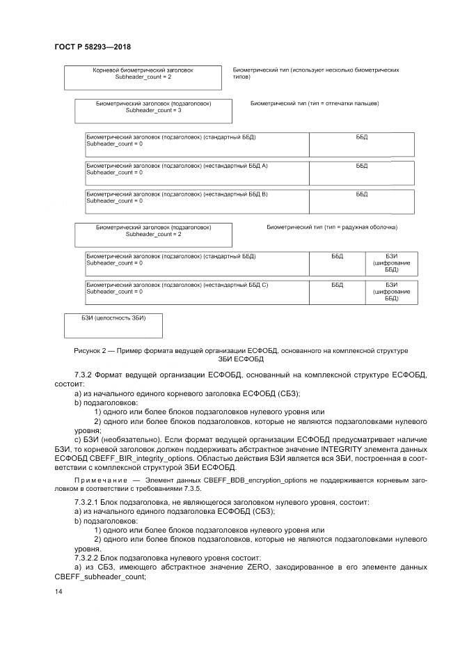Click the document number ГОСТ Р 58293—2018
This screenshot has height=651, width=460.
pos(92,47)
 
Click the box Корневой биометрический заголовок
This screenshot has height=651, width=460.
pos(143,77)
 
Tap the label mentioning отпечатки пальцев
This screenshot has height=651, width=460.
pos(314,103)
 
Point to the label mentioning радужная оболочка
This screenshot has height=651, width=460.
pos(332,228)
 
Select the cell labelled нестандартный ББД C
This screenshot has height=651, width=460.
pos(197,289)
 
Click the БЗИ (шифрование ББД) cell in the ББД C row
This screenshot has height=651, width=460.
pos(391,292)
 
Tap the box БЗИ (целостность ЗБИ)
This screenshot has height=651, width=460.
pos(113,325)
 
